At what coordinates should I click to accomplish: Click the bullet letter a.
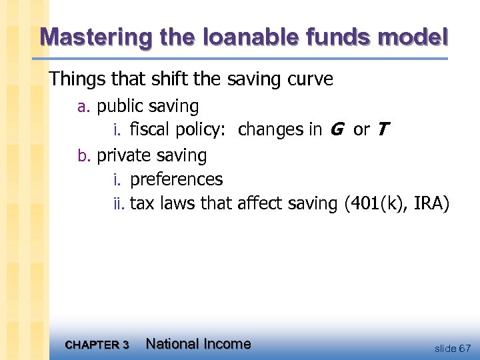coord(83,107)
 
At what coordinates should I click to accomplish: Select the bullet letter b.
coord(83,156)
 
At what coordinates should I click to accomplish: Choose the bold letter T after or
coord(381,130)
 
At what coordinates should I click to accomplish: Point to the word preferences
coord(176,180)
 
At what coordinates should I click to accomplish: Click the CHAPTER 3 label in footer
coord(97,345)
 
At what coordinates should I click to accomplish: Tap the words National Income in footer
coord(198,344)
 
